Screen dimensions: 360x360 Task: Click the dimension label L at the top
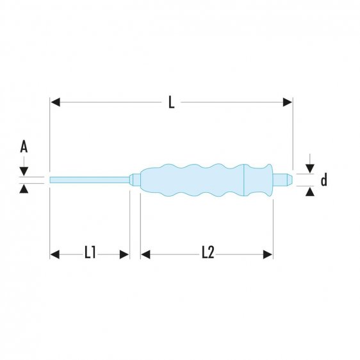tap(171, 102)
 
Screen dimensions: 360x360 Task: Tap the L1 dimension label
tap(90, 254)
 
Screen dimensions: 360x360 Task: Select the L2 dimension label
tap(207, 254)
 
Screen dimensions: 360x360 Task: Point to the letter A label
tap(24, 148)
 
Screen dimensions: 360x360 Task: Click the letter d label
tap(323, 181)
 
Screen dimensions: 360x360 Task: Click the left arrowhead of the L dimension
tap(55, 102)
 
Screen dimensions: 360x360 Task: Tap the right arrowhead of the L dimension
tap(288, 102)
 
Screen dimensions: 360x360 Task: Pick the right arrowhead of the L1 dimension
tap(125, 254)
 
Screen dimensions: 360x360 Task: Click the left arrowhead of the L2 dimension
tap(145, 254)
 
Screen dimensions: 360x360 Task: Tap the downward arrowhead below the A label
tap(24, 171)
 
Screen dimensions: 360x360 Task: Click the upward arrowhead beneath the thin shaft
tap(24, 188)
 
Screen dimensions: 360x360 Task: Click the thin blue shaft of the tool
tap(90, 179)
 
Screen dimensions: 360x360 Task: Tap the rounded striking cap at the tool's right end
tap(287, 179)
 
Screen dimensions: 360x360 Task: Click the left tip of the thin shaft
tap(51, 179)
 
